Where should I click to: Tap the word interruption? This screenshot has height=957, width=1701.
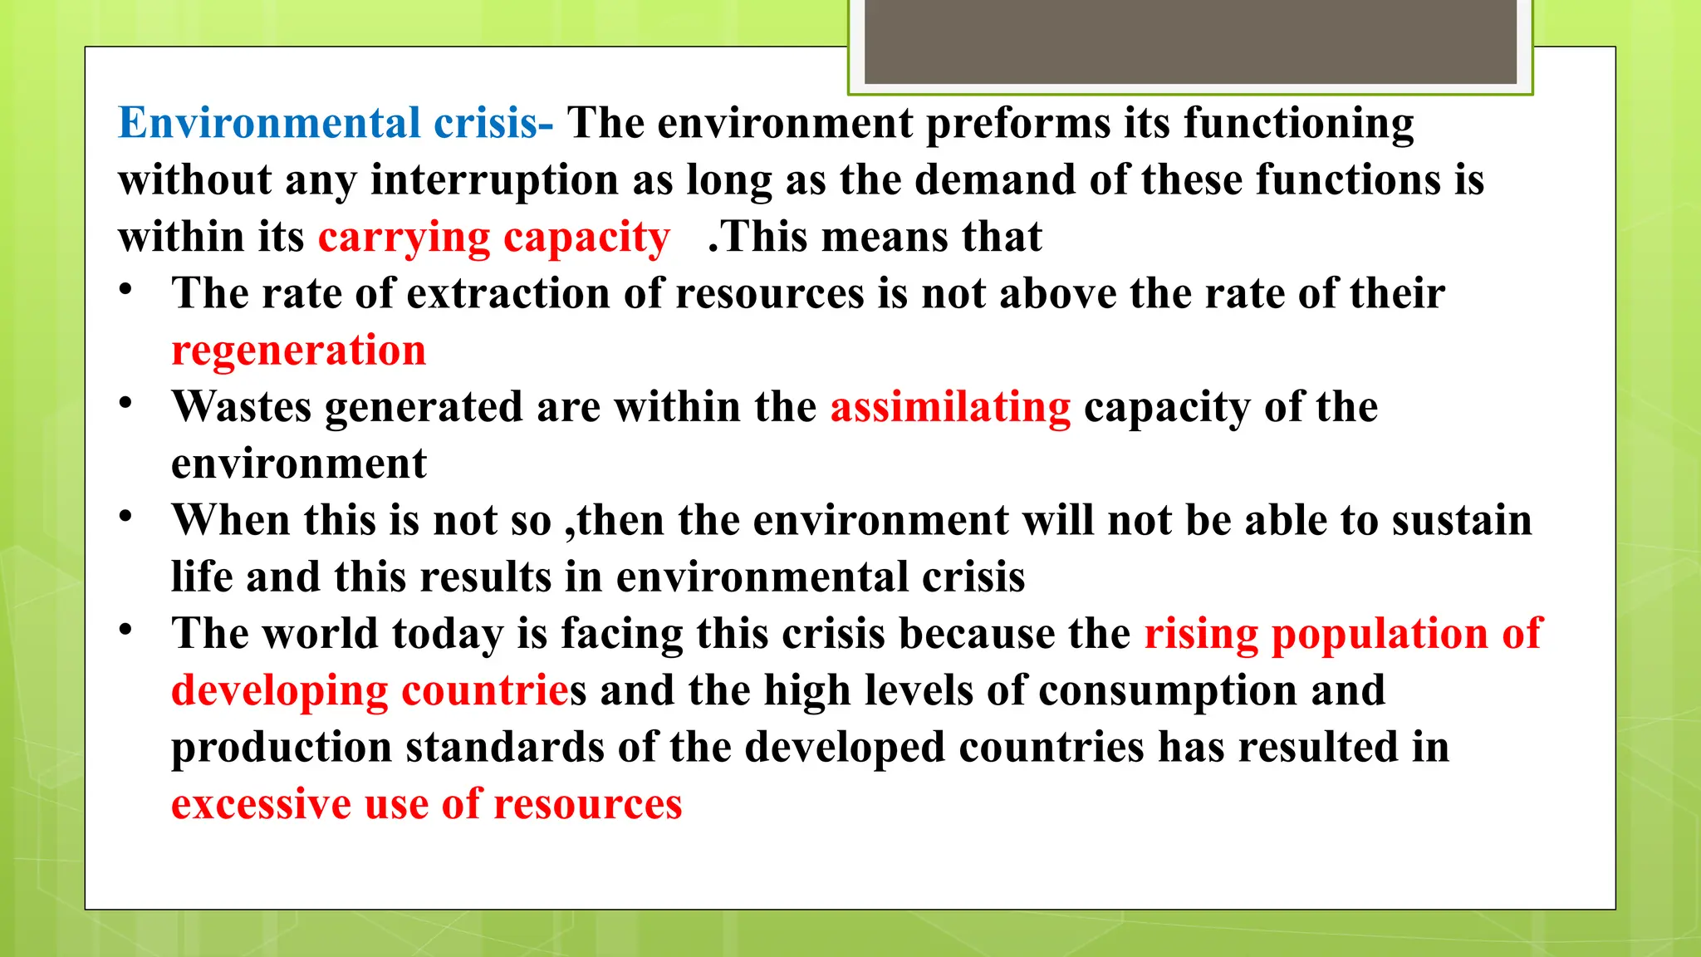494,180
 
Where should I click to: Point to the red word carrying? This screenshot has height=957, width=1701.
404,238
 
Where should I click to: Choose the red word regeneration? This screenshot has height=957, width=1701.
298,351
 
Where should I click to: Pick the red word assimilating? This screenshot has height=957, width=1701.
950,408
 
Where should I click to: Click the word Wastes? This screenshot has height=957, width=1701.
242,408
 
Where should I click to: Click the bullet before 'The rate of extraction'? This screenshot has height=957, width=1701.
125,290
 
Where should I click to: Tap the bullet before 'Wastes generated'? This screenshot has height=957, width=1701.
125,404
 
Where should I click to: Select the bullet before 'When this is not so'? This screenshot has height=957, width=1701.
125,517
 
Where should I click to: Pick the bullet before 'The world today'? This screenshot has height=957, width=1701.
125,630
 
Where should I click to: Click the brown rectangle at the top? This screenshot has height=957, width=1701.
1190,42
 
